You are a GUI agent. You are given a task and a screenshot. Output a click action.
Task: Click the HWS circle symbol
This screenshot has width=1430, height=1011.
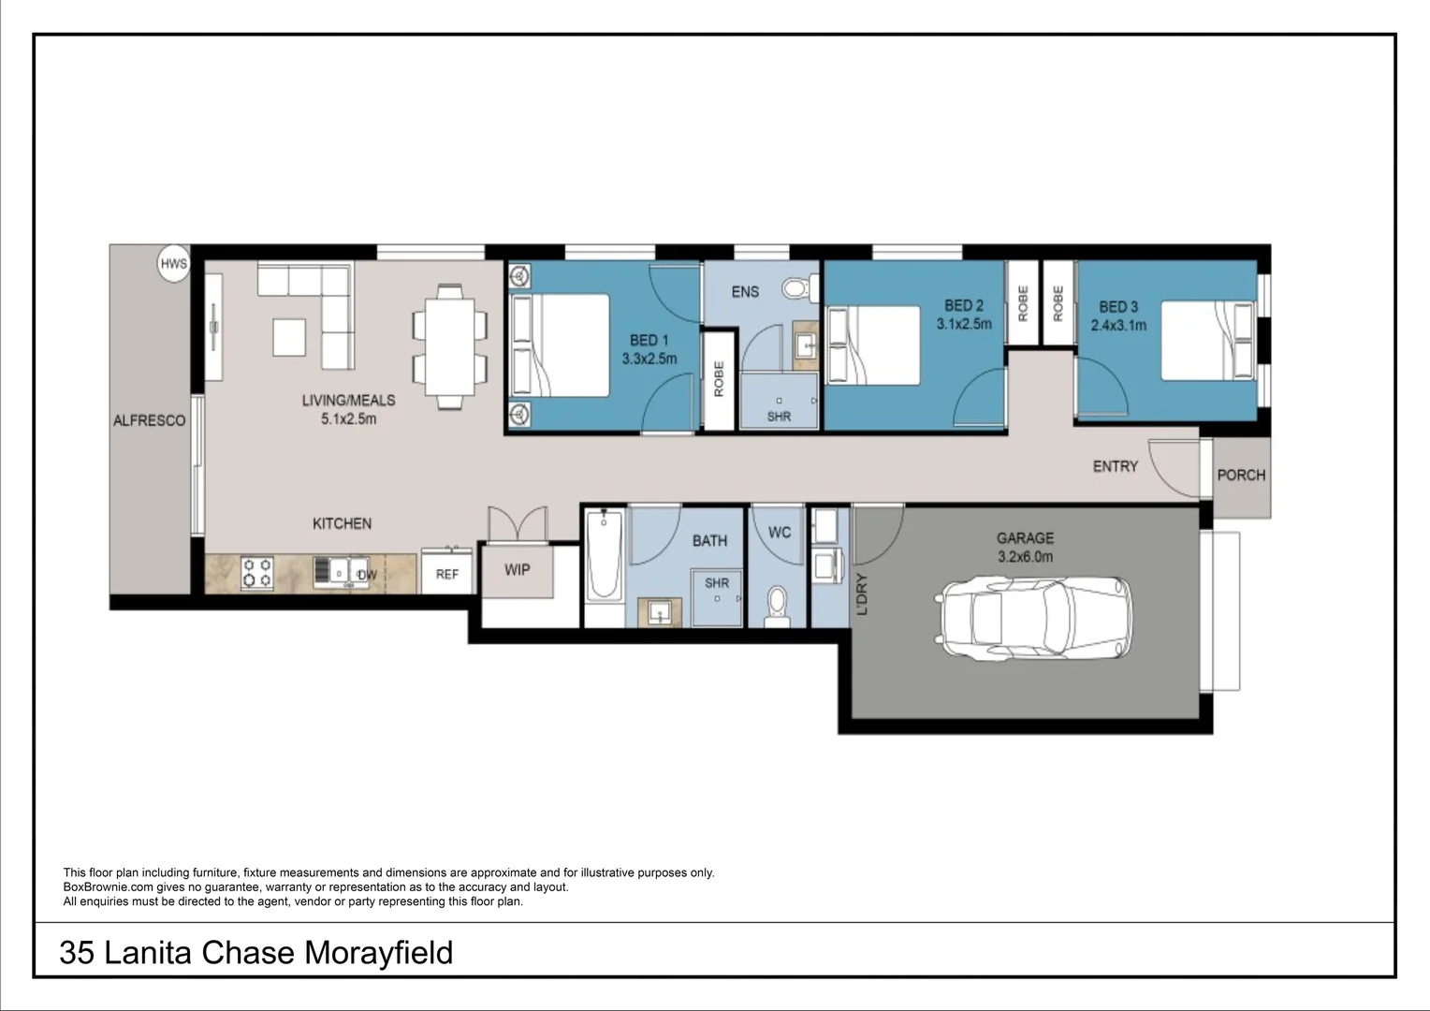[174, 264]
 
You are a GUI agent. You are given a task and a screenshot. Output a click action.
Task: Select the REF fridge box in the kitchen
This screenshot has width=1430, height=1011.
[447, 574]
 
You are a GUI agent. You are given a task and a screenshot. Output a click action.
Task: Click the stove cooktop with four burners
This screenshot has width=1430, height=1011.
[257, 573]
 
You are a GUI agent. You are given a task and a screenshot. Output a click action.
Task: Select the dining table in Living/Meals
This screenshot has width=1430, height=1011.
[450, 346]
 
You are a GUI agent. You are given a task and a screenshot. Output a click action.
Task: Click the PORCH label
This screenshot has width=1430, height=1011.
[1241, 476]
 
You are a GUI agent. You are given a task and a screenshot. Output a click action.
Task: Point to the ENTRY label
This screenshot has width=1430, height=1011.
[1116, 466]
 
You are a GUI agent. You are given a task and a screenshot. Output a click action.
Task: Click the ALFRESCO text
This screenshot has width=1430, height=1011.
[150, 421]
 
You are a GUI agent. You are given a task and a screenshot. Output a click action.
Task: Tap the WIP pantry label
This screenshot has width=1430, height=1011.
[518, 569]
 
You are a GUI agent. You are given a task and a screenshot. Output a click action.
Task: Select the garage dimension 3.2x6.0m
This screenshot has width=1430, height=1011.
[1025, 557]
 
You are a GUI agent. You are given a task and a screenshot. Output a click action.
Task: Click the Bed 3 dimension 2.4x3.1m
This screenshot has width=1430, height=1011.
[1118, 326]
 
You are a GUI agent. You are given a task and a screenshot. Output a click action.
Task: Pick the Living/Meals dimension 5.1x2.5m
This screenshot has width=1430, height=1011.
[348, 419]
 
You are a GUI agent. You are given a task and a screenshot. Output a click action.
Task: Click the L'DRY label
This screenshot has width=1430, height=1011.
[862, 594]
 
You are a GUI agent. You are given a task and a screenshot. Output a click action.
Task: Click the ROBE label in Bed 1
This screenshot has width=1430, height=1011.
[719, 379]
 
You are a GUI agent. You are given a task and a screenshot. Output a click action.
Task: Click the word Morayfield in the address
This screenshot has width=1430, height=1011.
[379, 953]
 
